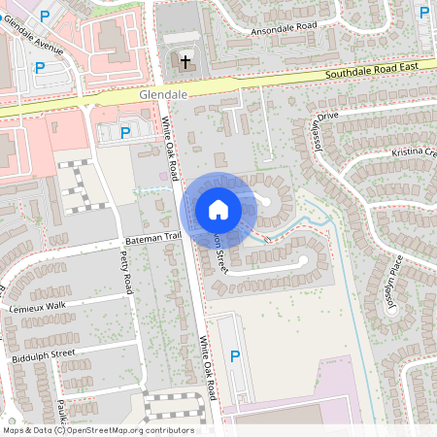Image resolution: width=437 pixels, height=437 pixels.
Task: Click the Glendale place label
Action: [x=162, y=96]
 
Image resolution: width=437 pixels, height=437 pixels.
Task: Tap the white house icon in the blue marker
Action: [x=218, y=209]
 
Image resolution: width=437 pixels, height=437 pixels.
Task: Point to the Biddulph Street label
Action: [x=41, y=353]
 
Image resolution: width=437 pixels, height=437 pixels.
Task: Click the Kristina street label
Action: [x=414, y=153]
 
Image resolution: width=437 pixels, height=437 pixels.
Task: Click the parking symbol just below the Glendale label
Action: [x=124, y=132]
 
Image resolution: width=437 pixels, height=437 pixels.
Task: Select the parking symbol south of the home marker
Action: [x=234, y=357]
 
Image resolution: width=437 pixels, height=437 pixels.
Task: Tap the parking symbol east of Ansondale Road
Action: [x=423, y=13]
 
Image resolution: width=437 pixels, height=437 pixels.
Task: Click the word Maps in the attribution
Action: [x=13, y=430]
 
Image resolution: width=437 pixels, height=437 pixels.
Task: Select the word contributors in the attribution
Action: [x=167, y=430]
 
